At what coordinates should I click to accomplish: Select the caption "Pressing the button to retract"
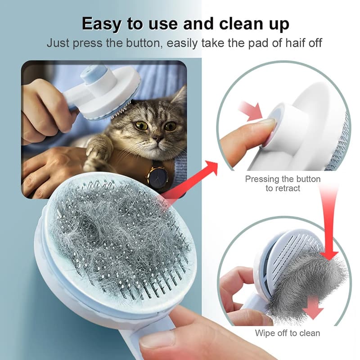click(x=283, y=183)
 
